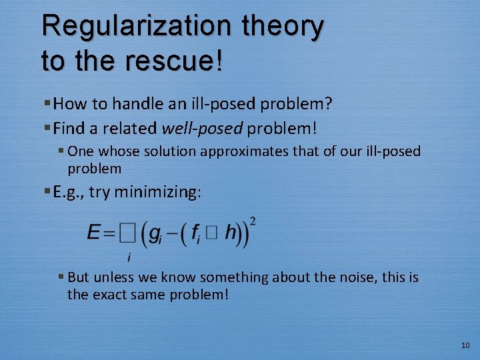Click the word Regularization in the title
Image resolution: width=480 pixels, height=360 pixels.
click(133, 27)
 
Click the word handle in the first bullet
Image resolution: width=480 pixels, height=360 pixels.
click(143, 103)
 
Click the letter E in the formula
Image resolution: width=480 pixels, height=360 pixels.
click(94, 233)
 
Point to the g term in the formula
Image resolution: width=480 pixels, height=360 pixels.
click(155, 234)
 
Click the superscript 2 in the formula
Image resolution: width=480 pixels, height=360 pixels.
click(253, 221)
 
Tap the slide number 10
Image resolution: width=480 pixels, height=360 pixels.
click(465, 345)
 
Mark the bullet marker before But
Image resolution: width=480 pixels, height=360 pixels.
click(61, 277)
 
